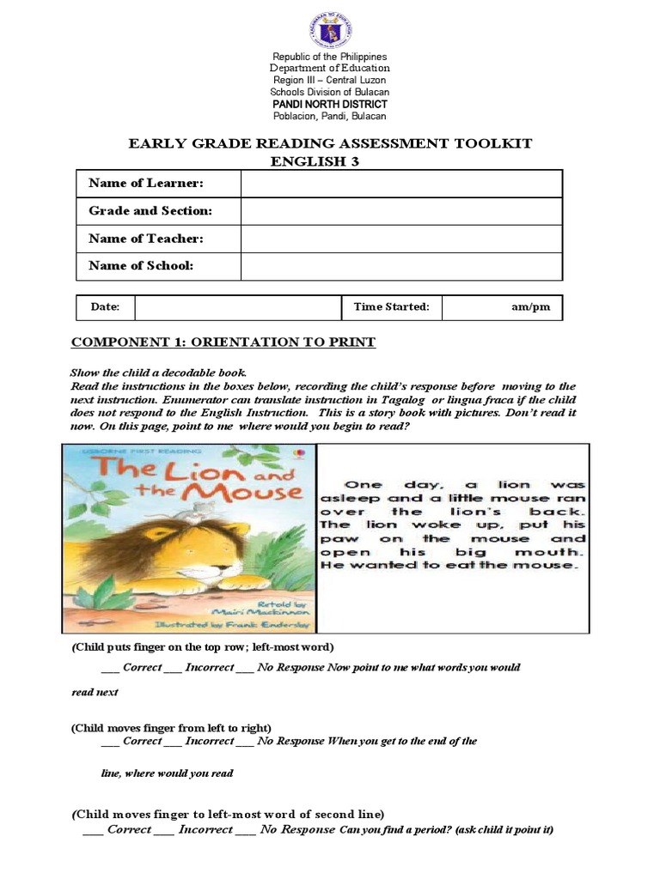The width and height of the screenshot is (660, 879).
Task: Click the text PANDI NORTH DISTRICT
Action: (x=329, y=104)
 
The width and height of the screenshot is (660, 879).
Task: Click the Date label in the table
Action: (x=101, y=306)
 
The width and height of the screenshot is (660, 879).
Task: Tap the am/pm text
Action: (x=529, y=306)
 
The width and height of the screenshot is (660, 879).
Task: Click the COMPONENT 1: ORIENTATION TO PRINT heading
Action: (x=223, y=343)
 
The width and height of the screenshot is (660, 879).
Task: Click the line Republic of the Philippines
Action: (x=329, y=57)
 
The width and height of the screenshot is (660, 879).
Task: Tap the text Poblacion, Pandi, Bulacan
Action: (x=329, y=116)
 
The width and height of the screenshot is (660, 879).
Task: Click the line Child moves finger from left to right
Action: (x=171, y=727)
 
